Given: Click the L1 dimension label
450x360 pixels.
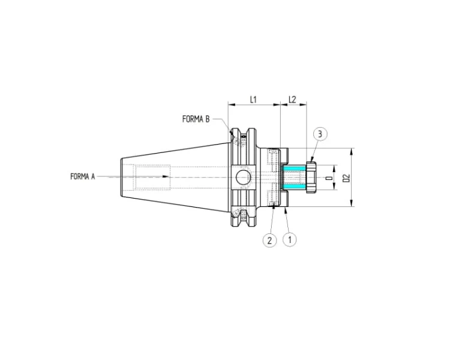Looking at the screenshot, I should coord(253,99).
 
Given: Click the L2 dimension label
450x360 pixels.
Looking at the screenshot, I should coord(293,99).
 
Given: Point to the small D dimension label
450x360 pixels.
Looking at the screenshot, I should coord(328,178).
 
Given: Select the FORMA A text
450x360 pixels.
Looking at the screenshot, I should coord(83,176).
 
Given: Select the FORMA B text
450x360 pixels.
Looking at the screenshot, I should coord(196,119).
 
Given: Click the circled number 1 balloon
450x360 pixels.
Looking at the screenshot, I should coord(290,239).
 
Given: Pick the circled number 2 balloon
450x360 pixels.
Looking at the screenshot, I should coord(269,240).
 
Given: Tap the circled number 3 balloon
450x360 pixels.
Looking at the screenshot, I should coord(320,134).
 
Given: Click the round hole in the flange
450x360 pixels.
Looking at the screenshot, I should coord(242,177).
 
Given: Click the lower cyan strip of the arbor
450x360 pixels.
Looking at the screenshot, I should coord(294,184).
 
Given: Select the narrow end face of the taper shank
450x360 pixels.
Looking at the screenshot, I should coord(122,177).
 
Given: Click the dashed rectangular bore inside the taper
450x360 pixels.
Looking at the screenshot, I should coord(152,177).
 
